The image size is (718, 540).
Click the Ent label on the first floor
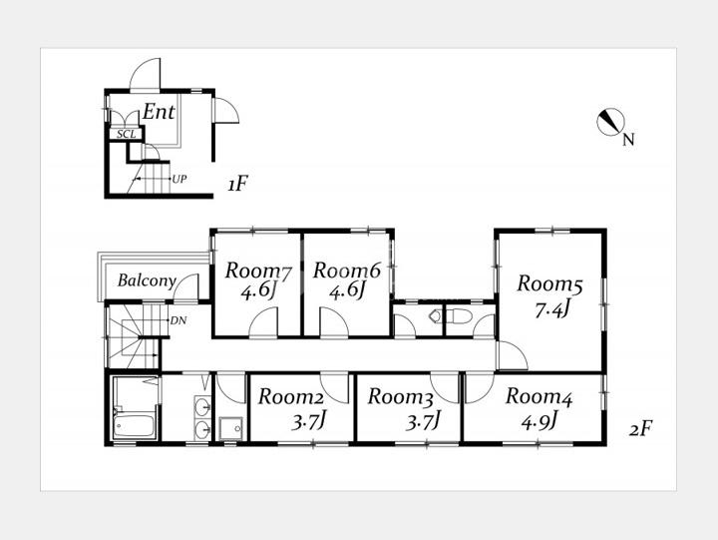(159, 112)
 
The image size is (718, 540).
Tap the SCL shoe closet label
(126, 135)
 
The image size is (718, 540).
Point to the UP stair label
(179, 179)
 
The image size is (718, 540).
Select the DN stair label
(179, 320)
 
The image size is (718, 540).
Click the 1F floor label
(237, 185)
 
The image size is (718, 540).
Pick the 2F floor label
(640, 429)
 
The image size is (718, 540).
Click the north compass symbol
(611, 122)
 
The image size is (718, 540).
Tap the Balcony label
(147, 280)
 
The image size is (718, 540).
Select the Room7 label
(258, 271)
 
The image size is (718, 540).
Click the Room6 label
(347, 270)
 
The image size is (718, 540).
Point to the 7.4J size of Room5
(551, 310)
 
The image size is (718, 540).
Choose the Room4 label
(538, 397)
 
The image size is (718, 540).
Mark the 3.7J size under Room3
(424, 422)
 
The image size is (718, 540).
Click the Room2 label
(291, 397)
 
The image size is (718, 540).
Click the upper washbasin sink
(202, 405)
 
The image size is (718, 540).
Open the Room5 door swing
(513, 355)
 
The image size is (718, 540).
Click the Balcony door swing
(186, 286)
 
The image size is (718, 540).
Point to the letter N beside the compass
(628, 140)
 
